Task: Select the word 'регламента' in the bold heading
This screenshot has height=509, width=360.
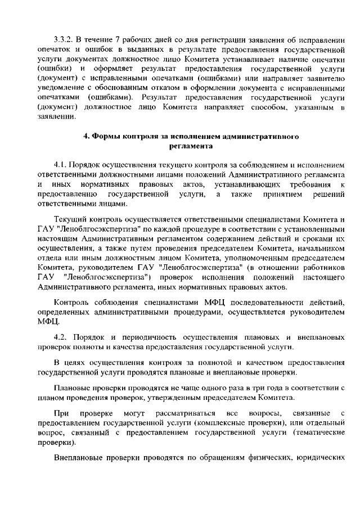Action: [x=191, y=147]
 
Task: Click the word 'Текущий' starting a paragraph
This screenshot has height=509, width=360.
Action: [x=69, y=219]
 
